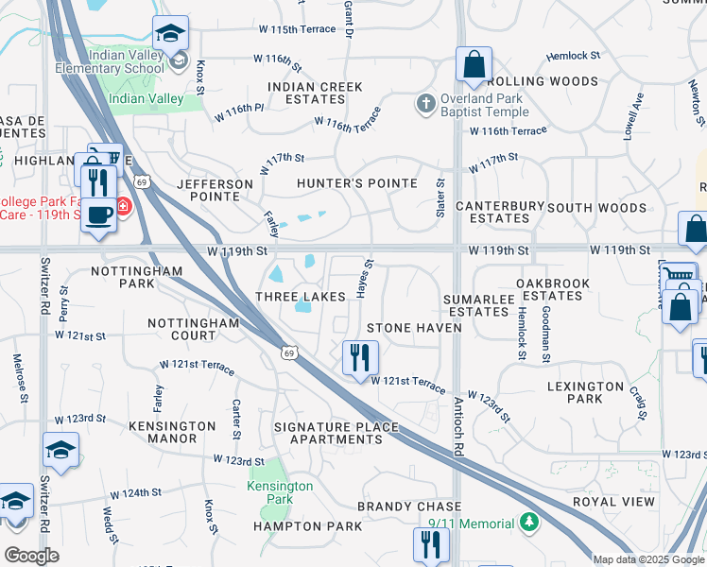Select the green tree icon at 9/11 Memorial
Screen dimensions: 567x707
529,523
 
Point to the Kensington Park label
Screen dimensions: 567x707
280,492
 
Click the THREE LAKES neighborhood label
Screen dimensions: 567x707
301,297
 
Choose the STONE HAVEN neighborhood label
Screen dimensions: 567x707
414,328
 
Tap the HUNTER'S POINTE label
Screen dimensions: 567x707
356,183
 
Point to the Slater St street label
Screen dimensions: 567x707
440,198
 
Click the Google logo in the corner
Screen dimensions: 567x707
31,556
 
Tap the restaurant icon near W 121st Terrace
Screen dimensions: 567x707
359,357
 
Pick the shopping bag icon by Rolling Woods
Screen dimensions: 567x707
474,65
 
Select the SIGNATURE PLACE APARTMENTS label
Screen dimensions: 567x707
336,433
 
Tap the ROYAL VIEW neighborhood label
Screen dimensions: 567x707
612,502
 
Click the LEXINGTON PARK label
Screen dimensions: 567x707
585,392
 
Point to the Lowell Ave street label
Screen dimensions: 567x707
634,116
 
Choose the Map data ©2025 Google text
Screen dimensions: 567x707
647,559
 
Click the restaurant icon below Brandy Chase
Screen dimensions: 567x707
430,544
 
